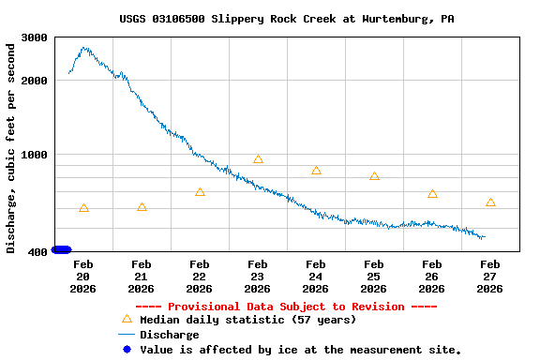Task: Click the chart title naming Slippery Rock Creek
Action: (287, 19)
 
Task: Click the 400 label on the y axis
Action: (37, 252)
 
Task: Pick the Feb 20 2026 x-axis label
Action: (83, 277)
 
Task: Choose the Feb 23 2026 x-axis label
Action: (258, 277)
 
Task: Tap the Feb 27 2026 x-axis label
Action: (490, 277)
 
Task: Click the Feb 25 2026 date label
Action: (374, 277)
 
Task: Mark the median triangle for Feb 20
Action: (84, 208)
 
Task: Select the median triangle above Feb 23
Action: (258, 159)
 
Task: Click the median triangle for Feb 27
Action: (490, 202)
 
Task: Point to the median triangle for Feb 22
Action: (200, 192)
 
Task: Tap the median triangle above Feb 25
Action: (374, 176)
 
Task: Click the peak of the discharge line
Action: (85, 48)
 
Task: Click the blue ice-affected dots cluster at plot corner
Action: (61, 249)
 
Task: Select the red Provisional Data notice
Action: (287, 307)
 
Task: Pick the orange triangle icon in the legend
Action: (127, 319)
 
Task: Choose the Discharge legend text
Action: (169, 335)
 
